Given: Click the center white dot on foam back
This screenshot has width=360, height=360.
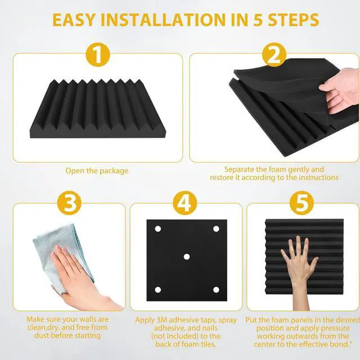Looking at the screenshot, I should click(x=186, y=256).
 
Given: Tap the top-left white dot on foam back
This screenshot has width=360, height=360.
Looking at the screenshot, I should click(x=158, y=228).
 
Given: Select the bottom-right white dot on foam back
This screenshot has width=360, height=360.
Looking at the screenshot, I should click(x=215, y=289).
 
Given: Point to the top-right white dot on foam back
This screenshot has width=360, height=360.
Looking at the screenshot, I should click(x=215, y=228).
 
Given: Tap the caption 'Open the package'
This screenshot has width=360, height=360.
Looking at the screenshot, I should click(x=97, y=170).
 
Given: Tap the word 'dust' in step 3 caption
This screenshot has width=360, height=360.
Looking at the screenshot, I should click(x=35, y=336).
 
